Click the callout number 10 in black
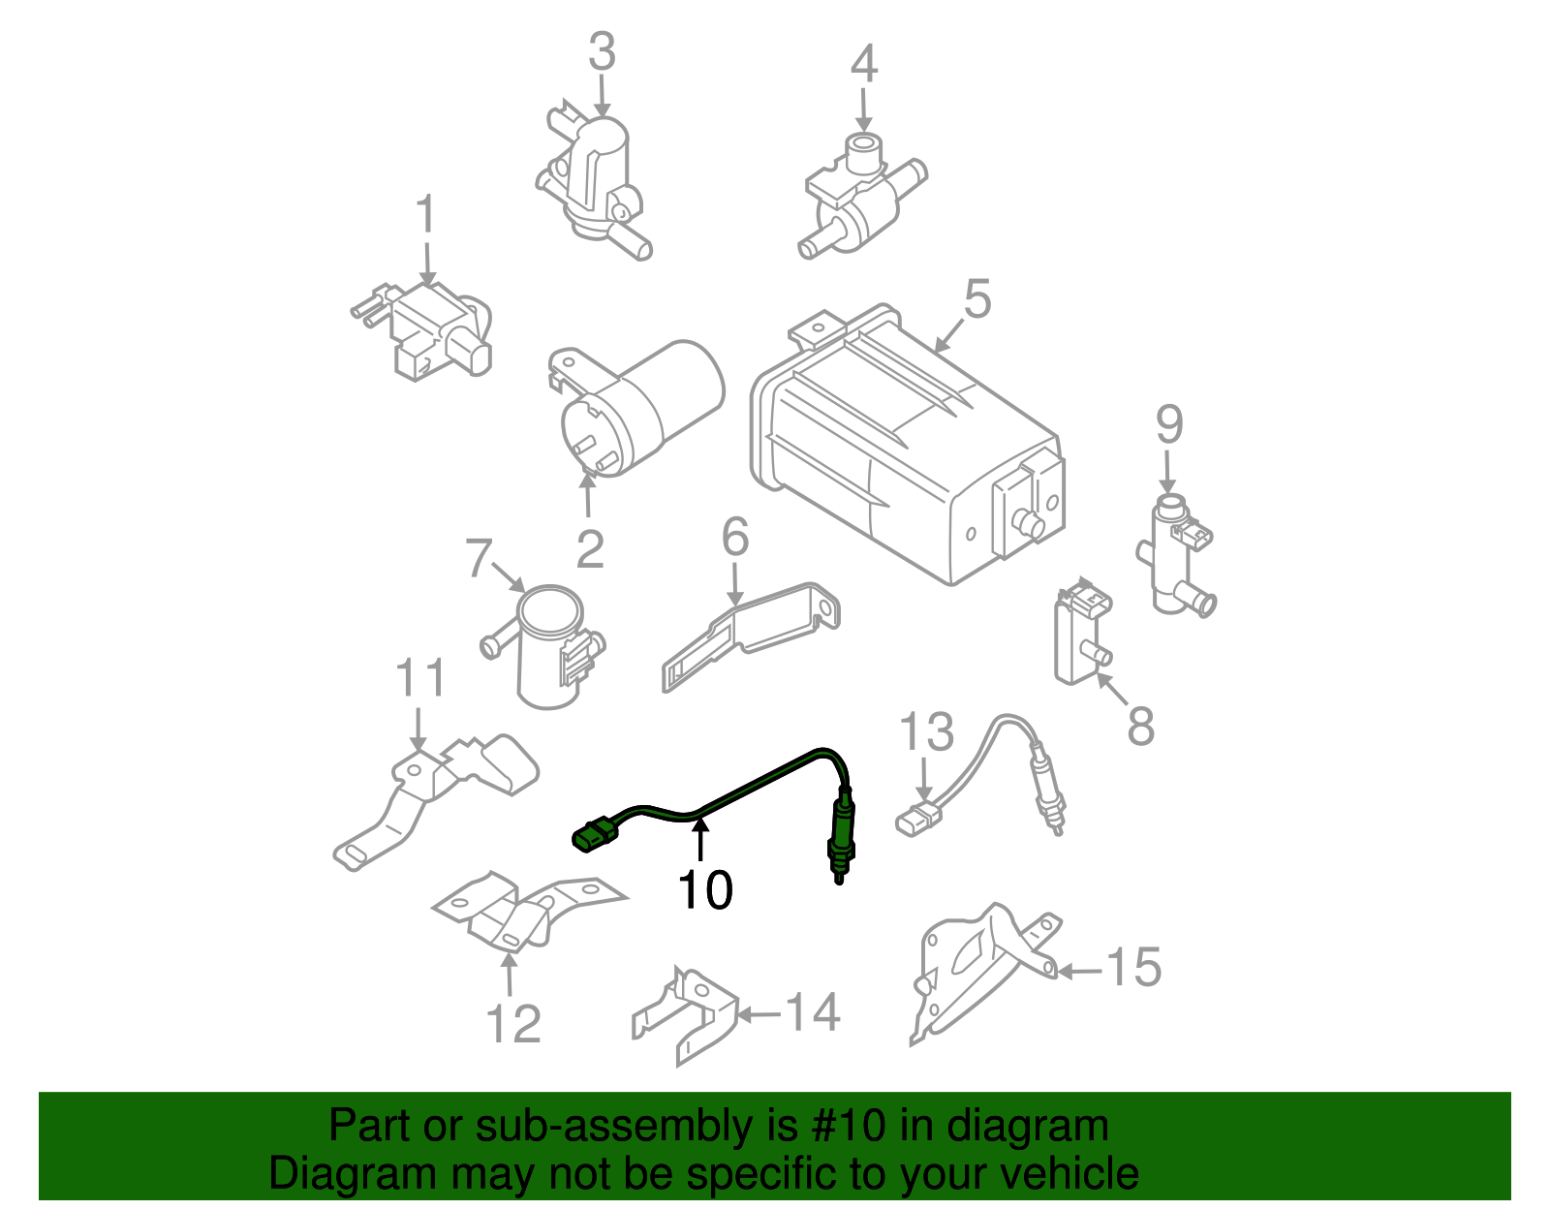[704, 890]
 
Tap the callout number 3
[602, 52]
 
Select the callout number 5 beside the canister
[976, 299]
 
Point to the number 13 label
[927, 732]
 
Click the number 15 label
[1132, 967]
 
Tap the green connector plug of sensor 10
[594, 836]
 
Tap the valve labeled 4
[857, 199]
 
